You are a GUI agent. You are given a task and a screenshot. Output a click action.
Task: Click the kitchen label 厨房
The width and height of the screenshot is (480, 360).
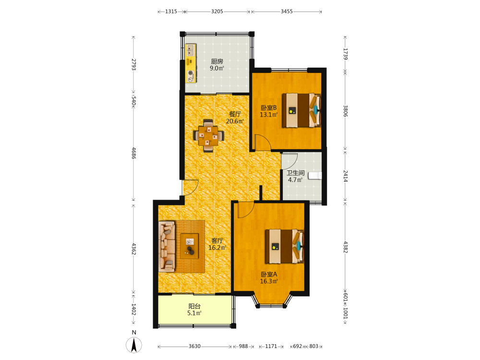click(x=217, y=61)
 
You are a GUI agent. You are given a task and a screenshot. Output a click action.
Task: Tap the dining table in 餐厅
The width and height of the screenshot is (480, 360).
click(x=208, y=136)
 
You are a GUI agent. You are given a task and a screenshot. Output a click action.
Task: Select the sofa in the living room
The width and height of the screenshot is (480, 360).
click(x=167, y=246)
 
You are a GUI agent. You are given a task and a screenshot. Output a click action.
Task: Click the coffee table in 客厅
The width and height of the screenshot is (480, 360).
click(x=190, y=246)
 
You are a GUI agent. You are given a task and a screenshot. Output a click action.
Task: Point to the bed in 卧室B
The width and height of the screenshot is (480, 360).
click(x=301, y=110)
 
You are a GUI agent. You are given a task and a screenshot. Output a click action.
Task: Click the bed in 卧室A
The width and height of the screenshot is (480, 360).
click(x=284, y=246)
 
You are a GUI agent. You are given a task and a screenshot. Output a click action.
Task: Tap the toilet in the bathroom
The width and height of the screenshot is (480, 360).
click(x=315, y=176)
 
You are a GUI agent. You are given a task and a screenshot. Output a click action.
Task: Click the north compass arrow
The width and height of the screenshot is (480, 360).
click(x=134, y=345)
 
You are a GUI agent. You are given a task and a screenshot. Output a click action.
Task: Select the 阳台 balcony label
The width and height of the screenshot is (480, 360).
click(x=194, y=306)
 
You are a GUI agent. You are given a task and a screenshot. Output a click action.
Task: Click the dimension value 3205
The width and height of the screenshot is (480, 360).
click(x=217, y=12)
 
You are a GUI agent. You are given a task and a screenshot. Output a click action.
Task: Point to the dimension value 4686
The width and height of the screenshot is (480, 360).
click(x=134, y=153)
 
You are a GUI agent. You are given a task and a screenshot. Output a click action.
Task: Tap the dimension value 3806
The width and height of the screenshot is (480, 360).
click(x=345, y=111)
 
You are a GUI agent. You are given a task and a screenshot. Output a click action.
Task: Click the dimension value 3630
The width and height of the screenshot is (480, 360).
click(x=194, y=346)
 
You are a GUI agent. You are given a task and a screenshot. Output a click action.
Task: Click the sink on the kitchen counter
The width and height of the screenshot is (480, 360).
click(x=191, y=50)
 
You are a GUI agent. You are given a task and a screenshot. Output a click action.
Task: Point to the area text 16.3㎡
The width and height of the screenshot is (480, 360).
click(x=269, y=281)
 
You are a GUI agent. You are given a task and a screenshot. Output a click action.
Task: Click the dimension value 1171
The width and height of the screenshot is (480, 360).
click(x=271, y=346)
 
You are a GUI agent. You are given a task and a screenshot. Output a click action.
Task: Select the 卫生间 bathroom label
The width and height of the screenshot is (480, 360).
click(x=295, y=173)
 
